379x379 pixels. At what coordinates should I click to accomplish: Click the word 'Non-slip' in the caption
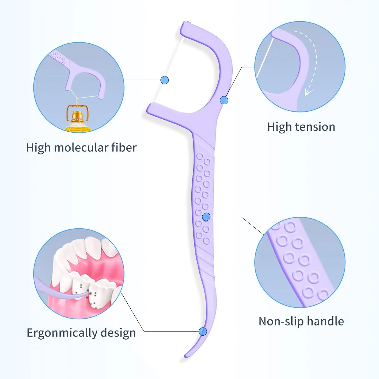coord(281,322)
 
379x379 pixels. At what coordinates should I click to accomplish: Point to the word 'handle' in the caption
coord(325,321)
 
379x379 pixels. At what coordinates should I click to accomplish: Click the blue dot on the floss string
coord(164,80)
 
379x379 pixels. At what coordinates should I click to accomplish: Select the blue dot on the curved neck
coord(224,100)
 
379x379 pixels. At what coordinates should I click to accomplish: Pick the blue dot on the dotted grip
coord(206,217)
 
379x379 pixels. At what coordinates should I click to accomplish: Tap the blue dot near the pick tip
coord(203,331)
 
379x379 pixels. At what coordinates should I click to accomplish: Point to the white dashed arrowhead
coord(307,93)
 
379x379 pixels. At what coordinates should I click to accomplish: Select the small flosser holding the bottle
coord(83,76)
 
